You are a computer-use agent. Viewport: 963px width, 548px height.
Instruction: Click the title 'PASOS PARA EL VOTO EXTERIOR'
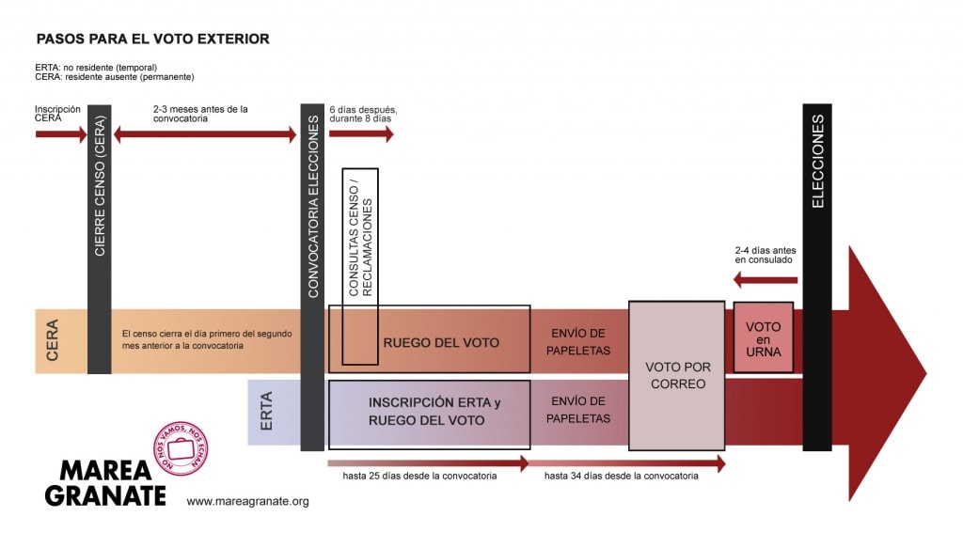153,39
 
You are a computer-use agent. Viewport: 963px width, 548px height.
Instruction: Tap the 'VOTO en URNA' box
764,337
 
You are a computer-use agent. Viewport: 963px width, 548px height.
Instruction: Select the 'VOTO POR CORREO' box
677,376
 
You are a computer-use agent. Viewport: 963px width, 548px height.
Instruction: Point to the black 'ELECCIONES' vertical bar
817,277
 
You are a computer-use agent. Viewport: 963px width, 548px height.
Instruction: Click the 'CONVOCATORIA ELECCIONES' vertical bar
312,277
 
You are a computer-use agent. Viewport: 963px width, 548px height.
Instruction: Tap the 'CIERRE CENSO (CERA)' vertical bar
100,240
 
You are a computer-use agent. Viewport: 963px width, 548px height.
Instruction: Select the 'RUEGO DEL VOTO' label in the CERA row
441,343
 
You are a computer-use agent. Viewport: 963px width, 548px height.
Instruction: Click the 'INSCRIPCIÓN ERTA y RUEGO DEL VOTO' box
429,415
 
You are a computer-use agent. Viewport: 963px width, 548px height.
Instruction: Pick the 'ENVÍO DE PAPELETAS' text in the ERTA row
578,410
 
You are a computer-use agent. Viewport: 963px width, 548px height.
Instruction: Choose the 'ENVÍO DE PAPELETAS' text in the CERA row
578,342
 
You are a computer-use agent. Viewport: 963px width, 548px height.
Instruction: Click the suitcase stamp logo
181,448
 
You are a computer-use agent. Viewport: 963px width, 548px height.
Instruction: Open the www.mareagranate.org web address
247,501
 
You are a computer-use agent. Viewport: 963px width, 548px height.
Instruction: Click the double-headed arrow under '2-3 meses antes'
205,134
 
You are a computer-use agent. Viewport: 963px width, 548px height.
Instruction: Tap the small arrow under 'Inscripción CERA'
61,134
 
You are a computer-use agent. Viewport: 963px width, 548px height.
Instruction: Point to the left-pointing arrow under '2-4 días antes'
766,280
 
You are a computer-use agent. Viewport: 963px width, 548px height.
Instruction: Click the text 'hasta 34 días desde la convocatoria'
621,476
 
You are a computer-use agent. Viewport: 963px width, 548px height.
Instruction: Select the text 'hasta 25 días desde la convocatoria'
419,476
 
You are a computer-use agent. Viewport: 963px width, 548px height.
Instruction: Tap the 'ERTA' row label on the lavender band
266,411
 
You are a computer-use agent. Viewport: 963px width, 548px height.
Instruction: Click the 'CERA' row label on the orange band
53,339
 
